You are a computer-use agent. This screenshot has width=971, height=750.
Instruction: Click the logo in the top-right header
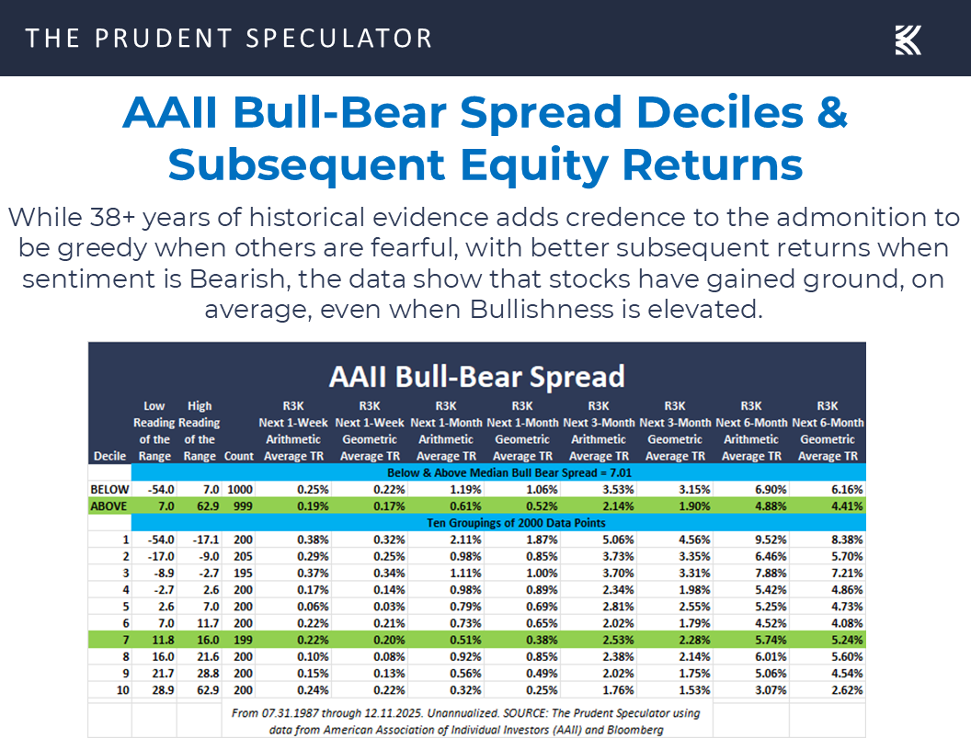(908, 39)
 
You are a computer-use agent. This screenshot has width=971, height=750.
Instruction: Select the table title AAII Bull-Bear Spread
(476, 375)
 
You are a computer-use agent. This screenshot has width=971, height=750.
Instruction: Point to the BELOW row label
(109, 489)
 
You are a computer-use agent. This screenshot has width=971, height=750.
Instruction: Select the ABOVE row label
(109, 506)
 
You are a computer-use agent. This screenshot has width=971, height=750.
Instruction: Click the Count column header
(238, 456)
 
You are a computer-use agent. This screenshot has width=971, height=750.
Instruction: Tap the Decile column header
(109, 456)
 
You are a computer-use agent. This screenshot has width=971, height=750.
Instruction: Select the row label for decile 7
(124, 640)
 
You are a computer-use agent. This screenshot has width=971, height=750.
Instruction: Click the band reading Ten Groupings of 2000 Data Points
(497, 523)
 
